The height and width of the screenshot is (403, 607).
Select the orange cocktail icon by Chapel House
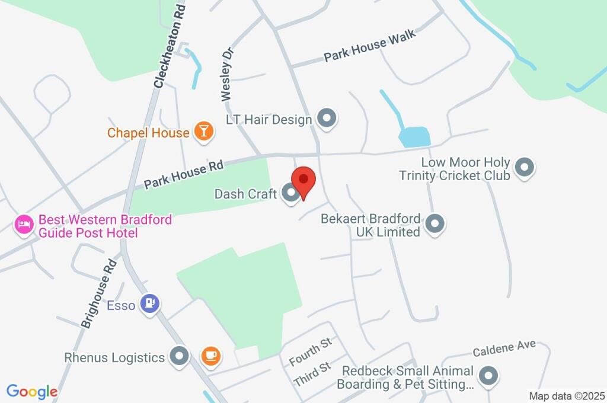203,132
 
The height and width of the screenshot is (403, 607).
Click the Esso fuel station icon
148,304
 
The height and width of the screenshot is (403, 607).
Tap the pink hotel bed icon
24,225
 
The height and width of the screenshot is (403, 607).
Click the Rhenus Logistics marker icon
179,356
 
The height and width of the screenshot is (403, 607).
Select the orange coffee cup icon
210,356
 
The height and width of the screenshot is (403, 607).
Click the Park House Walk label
370,46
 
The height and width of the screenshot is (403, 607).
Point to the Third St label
312,375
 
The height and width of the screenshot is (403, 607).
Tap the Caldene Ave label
504,348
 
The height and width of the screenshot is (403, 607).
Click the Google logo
32,391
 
